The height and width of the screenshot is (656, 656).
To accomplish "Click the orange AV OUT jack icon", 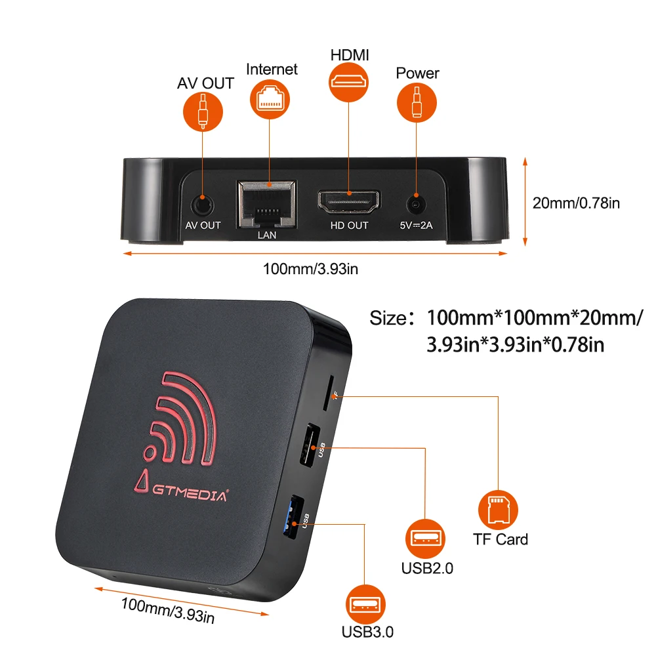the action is pyautogui.click(x=203, y=112).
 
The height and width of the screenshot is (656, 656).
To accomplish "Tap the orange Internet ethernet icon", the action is pyautogui.click(x=270, y=99).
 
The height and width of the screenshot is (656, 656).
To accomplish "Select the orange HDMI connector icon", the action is pyautogui.click(x=348, y=82).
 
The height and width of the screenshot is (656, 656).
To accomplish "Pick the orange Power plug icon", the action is pyautogui.click(x=417, y=102).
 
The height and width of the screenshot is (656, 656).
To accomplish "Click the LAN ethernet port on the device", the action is pyautogui.click(x=267, y=204).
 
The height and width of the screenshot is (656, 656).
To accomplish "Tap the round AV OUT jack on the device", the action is pyautogui.click(x=203, y=205).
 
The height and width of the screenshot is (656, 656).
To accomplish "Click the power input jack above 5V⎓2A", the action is pyautogui.click(x=416, y=205).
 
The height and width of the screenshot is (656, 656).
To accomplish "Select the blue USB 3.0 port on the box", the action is pyautogui.click(x=293, y=517).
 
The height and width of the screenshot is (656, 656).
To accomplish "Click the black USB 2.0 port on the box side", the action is pyautogui.click(x=309, y=445).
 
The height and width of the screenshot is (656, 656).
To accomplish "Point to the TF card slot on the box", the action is pyautogui.click(x=328, y=393).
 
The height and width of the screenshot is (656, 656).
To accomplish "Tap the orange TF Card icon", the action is pyautogui.click(x=498, y=510).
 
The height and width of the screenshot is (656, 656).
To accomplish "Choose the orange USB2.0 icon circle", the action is pyautogui.click(x=426, y=539).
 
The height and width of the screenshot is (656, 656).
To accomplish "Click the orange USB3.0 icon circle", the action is pyautogui.click(x=365, y=604).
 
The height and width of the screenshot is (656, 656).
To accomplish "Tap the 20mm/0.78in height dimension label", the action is pyautogui.click(x=576, y=203).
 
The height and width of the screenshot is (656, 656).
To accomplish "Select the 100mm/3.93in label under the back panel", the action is pyautogui.click(x=310, y=269).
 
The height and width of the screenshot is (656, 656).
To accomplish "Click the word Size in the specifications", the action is pyautogui.click(x=388, y=318).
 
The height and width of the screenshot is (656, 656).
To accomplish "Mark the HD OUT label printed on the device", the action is pyautogui.click(x=350, y=226).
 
